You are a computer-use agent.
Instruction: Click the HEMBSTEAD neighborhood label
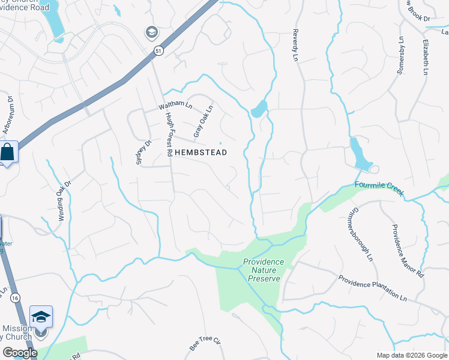(200, 153)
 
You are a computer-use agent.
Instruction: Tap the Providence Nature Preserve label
(264, 270)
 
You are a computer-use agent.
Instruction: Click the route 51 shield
(157, 51)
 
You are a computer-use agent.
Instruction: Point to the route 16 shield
(14, 297)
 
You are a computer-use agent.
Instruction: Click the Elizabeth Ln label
(425, 58)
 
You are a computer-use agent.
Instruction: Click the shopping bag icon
(8, 152)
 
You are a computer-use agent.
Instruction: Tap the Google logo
(19, 353)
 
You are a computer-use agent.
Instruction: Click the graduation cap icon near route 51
(151, 31)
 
